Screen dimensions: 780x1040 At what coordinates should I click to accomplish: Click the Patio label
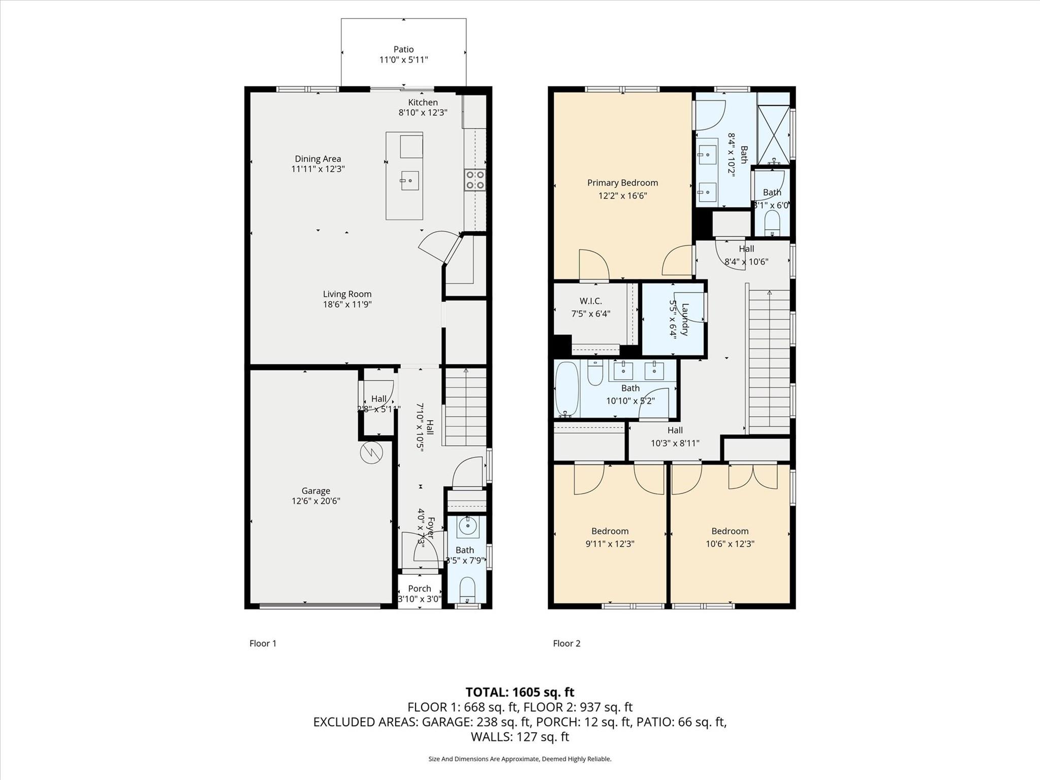pyautogui.click(x=403, y=49)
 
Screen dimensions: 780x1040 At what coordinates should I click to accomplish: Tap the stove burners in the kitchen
pyautogui.click(x=475, y=180)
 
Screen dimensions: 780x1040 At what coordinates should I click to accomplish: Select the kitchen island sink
pyautogui.click(x=409, y=180)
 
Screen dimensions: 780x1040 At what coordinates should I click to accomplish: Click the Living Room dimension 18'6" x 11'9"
pyautogui.click(x=348, y=304)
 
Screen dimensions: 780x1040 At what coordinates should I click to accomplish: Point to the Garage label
pyautogui.click(x=316, y=490)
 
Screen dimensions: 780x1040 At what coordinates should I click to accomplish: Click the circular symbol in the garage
pyautogui.click(x=371, y=453)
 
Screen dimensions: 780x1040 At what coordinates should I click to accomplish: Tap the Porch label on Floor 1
pyautogui.click(x=419, y=588)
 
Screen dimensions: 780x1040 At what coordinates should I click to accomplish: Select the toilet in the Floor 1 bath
pyautogui.click(x=467, y=590)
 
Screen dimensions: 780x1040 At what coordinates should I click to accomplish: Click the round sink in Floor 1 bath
pyautogui.click(x=467, y=527)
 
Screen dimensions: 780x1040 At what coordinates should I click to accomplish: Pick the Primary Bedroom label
pyautogui.click(x=622, y=182)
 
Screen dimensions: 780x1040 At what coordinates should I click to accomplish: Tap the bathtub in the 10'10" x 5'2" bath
pyautogui.click(x=566, y=389)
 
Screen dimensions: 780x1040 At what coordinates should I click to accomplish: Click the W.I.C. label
pyautogui.click(x=590, y=301)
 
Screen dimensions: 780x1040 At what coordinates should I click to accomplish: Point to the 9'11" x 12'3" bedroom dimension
pyautogui.click(x=610, y=544)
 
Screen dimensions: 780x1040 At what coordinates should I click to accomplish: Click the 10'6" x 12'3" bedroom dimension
pyautogui.click(x=730, y=544)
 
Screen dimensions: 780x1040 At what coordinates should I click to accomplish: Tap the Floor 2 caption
pyautogui.click(x=566, y=643)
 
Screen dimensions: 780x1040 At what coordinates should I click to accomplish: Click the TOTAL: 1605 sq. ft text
pyautogui.click(x=520, y=692)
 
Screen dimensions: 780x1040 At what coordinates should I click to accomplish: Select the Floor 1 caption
pyautogui.click(x=263, y=643)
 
